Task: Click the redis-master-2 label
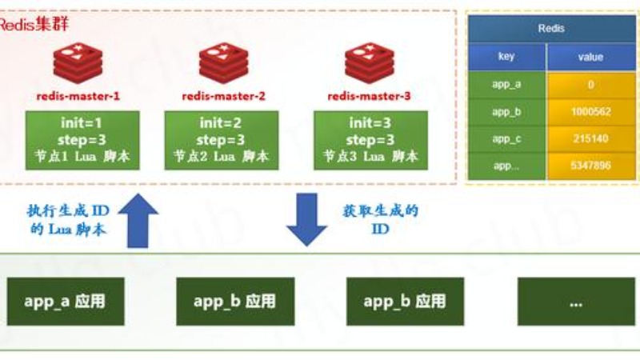223,97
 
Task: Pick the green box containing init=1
82,140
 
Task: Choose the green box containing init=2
222,140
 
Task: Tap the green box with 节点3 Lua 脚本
370,140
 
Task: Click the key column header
506,57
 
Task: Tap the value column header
590,57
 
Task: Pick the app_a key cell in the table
506,85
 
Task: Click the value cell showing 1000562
590,112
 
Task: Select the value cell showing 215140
590,139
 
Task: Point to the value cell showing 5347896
590,166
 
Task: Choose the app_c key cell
506,139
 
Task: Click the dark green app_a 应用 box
65,302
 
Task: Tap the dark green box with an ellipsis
575,302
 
